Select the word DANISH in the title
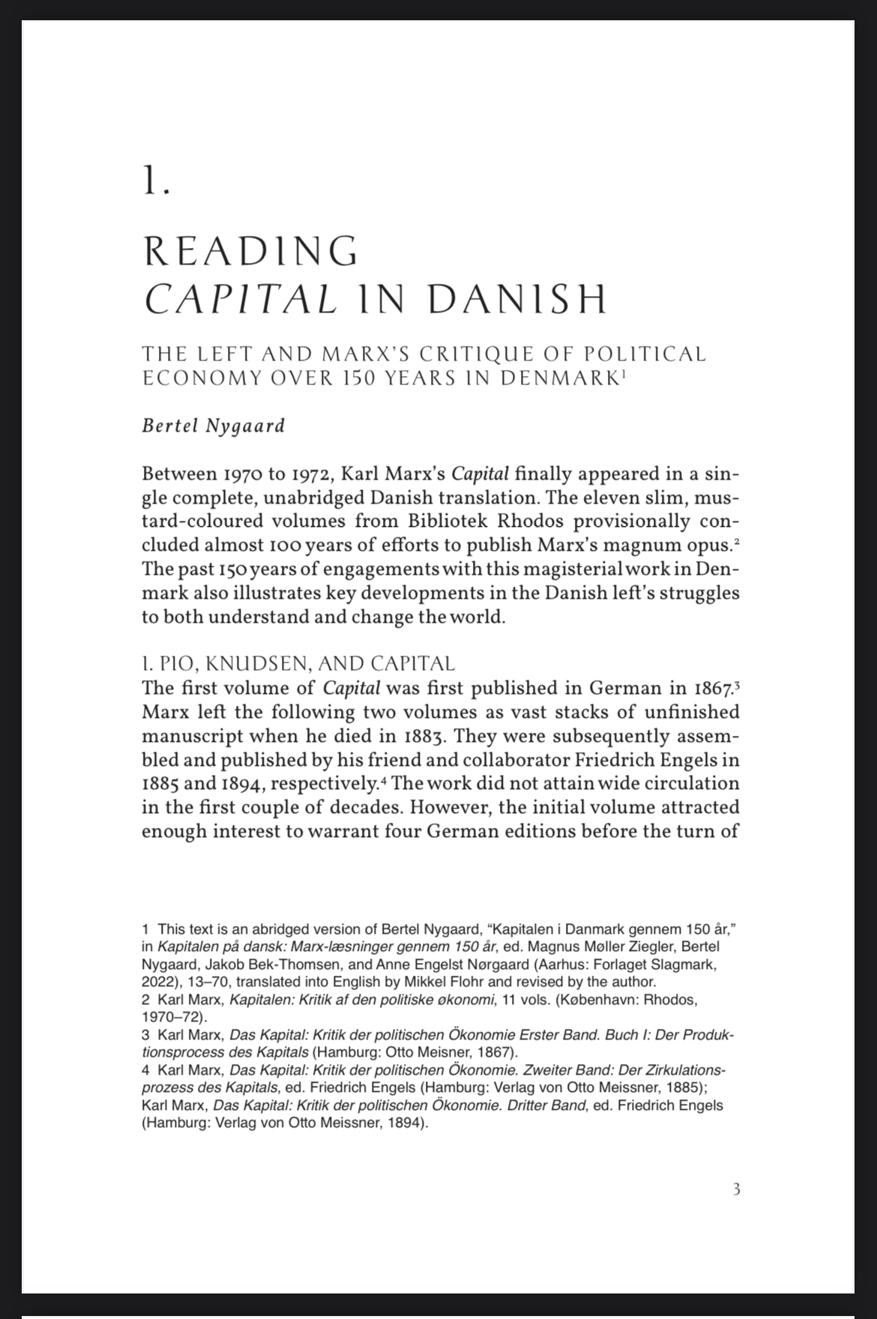(x=517, y=300)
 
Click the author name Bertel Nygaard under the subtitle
(x=214, y=426)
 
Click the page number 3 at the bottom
(x=736, y=1189)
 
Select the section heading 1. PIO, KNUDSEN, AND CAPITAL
(x=298, y=663)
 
